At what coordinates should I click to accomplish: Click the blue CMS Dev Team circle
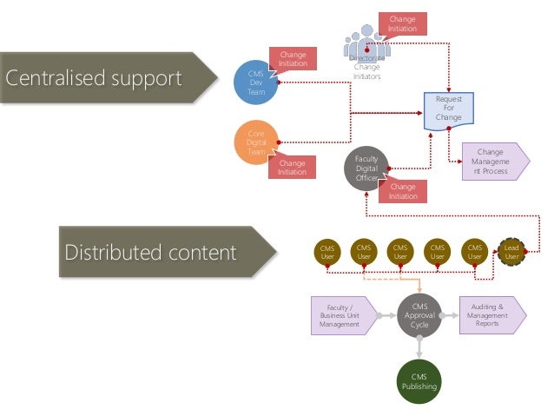click(x=256, y=83)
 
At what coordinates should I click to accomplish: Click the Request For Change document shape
click(x=449, y=110)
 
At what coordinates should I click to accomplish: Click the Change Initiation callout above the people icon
click(x=401, y=24)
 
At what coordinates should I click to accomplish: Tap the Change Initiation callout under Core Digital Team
click(x=292, y=167)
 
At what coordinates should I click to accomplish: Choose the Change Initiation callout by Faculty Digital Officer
click(x=402, y=191)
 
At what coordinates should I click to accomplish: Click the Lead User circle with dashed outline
click(x=511, y=252)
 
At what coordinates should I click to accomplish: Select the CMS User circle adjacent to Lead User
click(x=474, y=252)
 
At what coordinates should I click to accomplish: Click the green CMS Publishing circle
click(x=419, y=381)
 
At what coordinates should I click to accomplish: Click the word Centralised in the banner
click(x=56, y=79)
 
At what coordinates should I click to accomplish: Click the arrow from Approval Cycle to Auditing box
click(x=450, y=315)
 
